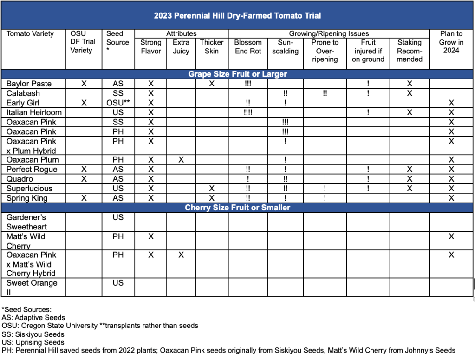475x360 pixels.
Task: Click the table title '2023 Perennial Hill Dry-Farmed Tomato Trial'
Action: click(x=237, y=15)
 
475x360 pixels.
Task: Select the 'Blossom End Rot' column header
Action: click(x=248, y=46)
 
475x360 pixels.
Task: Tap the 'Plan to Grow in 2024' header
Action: click(x=451, y=42)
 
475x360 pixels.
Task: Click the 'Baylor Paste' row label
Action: click(x=29, y=84)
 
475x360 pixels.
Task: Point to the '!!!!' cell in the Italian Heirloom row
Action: click(x=248, y=112)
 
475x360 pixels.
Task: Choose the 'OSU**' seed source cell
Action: click(x=118, y=103)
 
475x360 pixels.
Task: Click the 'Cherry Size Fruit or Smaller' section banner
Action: click(x=237, y=208)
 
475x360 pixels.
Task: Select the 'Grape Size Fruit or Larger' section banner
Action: click(x=237, y=74)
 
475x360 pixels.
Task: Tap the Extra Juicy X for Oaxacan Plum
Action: click(x=181, y=160)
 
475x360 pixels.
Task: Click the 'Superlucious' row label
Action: click(x=29, y=189)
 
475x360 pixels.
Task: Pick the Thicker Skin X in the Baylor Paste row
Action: click(x=212, y=84)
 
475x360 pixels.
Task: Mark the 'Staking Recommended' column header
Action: click(x=410, y=51)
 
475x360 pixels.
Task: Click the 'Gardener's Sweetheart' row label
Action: click(x=26, y=222)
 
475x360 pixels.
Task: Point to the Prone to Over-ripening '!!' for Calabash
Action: click(x=325, y=93)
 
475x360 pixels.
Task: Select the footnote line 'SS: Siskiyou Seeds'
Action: click(x=33, y=334)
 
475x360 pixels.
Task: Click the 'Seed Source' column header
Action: click(x=117, y=42)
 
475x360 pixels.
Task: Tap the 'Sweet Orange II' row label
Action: click(x=32, y=287)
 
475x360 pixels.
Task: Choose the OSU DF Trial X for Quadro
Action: click(x=84, y=179)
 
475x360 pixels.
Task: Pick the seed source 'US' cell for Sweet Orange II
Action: click(x=118, y=283)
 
